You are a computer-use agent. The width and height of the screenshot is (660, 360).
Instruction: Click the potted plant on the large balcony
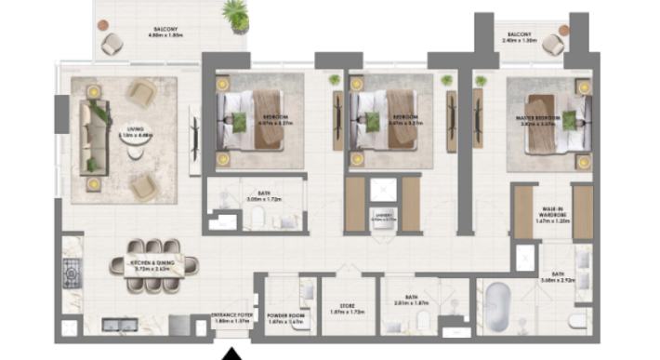pos(236,15)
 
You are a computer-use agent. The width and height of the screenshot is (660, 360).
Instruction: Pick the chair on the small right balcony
pos(554,42)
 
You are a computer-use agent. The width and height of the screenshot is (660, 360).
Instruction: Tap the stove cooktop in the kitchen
pos(70,273)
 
